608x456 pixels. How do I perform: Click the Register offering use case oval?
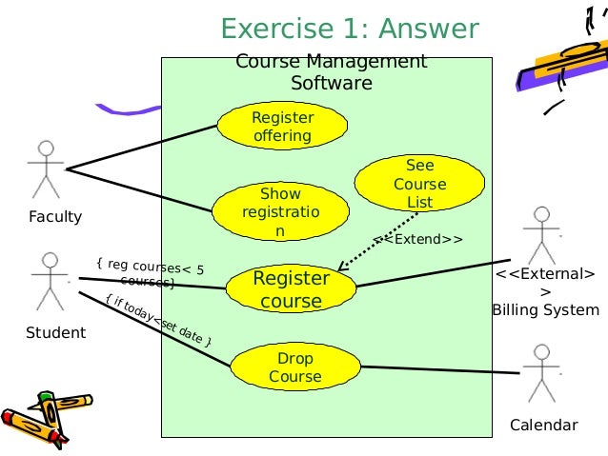tap(282, 127)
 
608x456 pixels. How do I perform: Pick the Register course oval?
tap(291, 289)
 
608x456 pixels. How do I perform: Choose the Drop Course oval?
tap(294, 367)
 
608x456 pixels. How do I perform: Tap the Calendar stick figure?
tap(541, 373)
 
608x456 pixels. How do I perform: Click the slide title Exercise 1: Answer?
tap(350, 29)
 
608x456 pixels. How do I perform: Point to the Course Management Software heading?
tap(331, 72)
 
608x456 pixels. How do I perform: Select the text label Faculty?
tap(54, 216)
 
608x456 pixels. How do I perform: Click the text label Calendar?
tap(543, 426)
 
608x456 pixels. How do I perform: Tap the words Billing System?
tap(545, 309)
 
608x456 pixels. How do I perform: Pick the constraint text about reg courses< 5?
tap(150, 274)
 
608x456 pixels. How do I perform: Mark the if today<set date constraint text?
tap(158, 321)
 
